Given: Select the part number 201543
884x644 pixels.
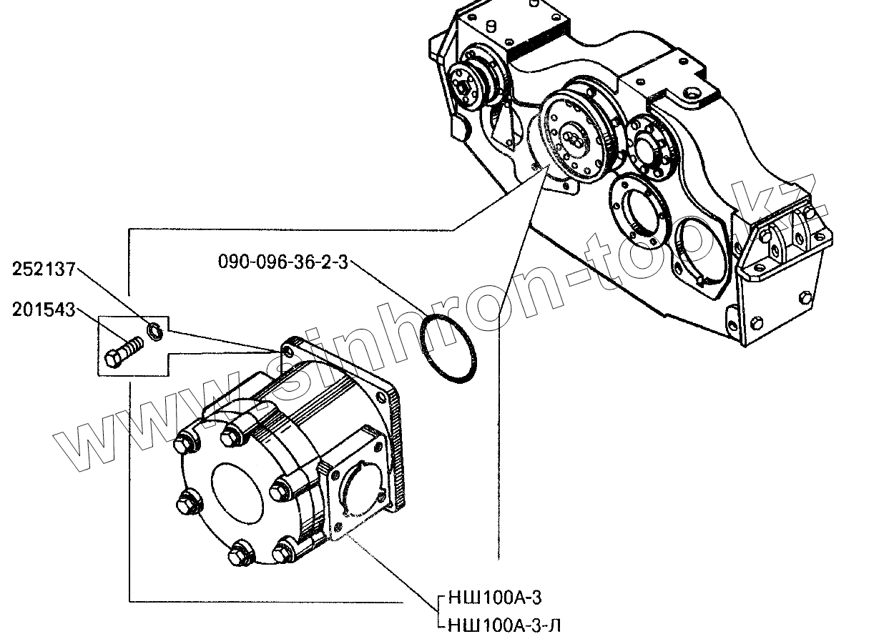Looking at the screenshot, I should tap(44, 310).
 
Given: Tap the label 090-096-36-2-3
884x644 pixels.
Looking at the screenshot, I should tap(283, 262).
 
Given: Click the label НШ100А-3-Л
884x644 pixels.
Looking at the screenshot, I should tap(504, 627).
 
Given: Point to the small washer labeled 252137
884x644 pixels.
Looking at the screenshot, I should tap(153, 330).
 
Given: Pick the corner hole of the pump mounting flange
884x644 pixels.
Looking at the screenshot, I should tap(288, 351).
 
